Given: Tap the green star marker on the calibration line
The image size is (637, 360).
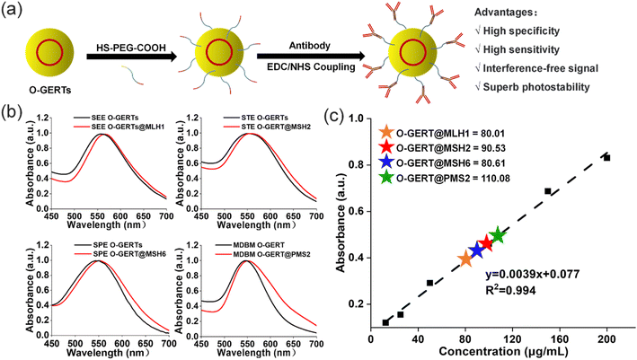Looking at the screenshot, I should pos(498,235).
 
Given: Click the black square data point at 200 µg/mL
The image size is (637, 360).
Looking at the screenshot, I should pos(607,157).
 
